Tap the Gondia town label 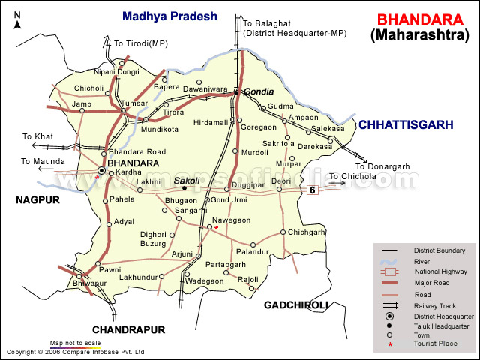click(x=259, y=91)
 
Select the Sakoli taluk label click(x=187, y=181)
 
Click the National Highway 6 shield click(x=311, y=191)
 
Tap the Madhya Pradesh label click(x=169, y=15)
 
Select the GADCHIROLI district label click(x=296, y=304)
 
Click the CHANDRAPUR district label click(x=127, y=329)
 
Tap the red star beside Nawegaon click(x=217, y=228)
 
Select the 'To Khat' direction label click(x=37, y=136)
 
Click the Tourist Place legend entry click(x=435, y=344)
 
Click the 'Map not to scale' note click(x=75, y=343)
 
